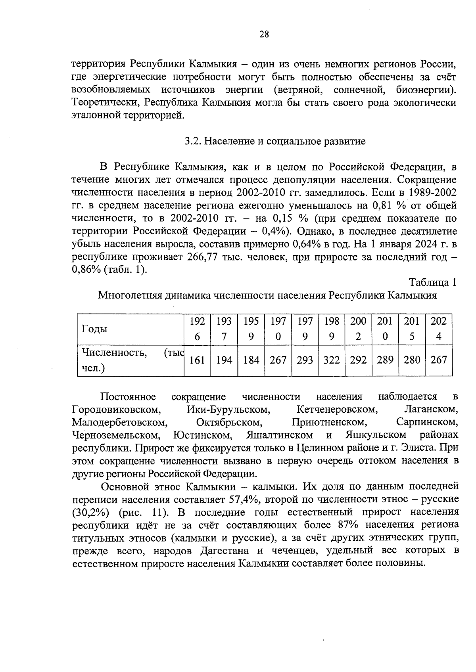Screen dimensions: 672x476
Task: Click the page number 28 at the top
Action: coord(264,34)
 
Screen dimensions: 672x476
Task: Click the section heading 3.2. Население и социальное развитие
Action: coord(275,141)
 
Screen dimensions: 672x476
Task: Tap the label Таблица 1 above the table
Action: coord(433,282)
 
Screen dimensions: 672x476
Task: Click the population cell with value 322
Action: coord(332,360)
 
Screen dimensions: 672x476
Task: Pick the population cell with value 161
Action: coord(197,360)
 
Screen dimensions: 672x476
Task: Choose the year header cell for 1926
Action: coord(197,329)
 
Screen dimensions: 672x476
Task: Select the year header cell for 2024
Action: coord(439,329)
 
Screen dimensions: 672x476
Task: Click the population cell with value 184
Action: coord(251,360)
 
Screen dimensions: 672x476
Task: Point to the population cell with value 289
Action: coord(385,360)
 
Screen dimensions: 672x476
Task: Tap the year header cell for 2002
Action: coord(358,329)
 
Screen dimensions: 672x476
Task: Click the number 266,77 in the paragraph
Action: coord(200,257)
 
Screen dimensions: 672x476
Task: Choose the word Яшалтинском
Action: coord(279,435)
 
